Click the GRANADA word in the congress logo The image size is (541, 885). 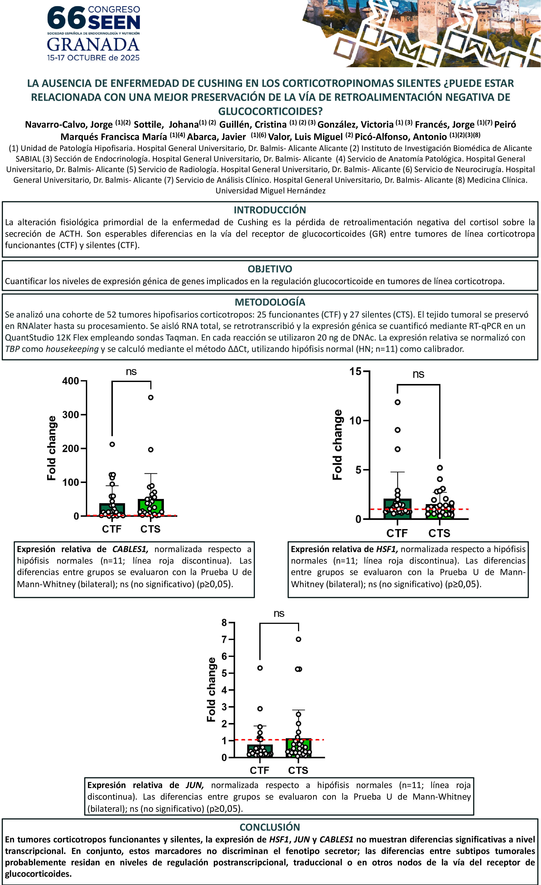coord(93,45)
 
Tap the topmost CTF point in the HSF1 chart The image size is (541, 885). coord(398,402)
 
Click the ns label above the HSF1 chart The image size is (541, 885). coord(418,374)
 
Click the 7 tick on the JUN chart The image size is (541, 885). coord(224,639)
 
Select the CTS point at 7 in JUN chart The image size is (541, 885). coord(298,639)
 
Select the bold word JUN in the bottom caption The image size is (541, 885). coord(194,785)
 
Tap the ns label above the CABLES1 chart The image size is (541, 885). coord(131,372)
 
